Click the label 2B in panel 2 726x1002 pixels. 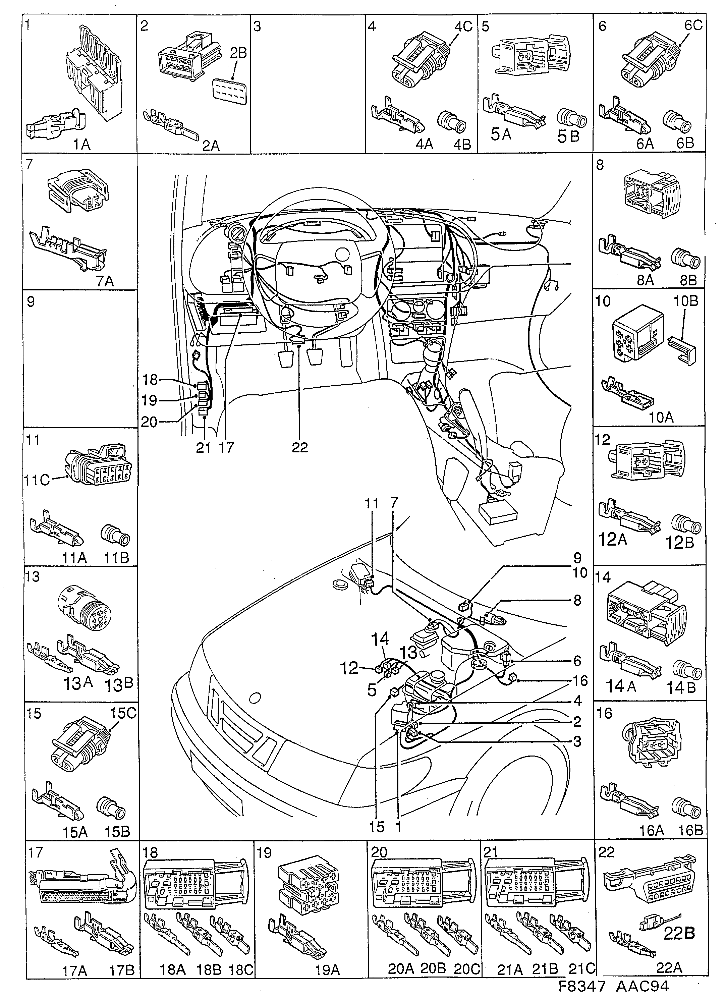(x=238, y=53)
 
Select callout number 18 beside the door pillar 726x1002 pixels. (x=150, y=380)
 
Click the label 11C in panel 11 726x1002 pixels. (x=37, y=480)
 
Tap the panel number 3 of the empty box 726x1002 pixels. (x=257, y=26)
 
